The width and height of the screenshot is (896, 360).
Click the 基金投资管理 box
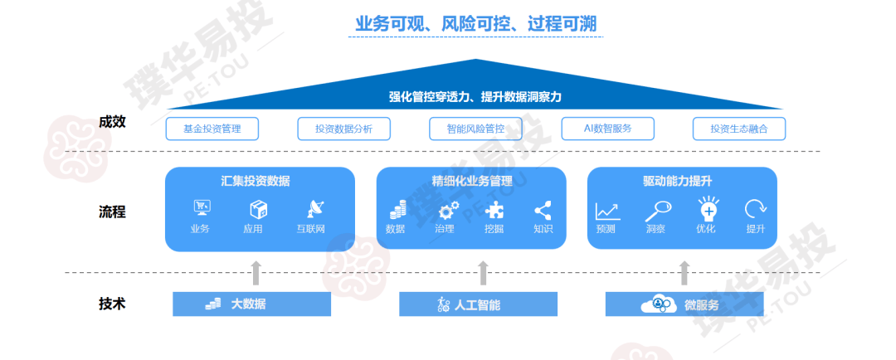pyautogui.click(x=212, y=129)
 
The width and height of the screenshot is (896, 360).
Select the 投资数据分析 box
pyautogui.click(x=343, y=129)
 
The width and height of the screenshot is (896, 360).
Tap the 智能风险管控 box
pyautogui.click(x=475, y=129)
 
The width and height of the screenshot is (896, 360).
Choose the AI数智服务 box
pyautogui.click(x=607, y=129)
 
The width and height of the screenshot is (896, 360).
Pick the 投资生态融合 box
pyautogui.click(x=739, y=129)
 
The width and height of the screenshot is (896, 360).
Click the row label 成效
pyautogui.click(x=112, y=122)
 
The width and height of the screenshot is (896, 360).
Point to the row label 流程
pyautogui.click(x=112, y=212)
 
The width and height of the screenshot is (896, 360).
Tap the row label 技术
pyautogui.click(x=112, y=303)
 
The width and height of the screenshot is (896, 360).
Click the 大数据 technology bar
pyautogui.click(x=251, y=304)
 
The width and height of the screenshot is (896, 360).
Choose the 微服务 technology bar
pyautogui.click(x=684, y=304)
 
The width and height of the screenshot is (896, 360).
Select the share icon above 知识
pyautogui.click(x=543, y=209)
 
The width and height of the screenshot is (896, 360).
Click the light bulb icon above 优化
pyautogui.click(x=707, y=208)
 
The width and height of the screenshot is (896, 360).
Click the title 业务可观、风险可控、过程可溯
pyautogui.click(x=475, y=24)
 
